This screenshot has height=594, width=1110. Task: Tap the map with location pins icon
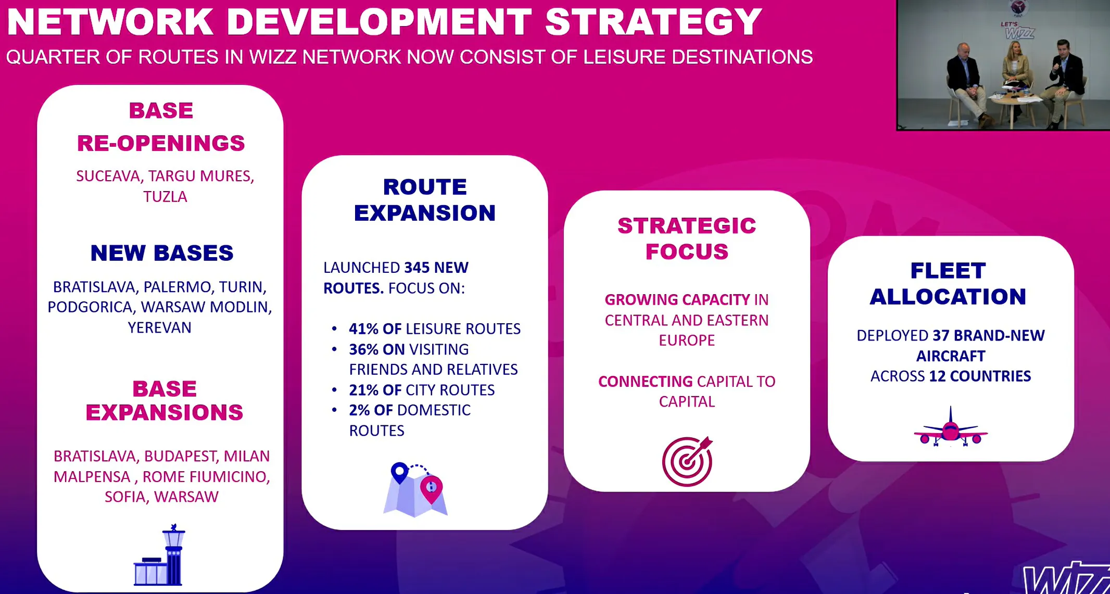[x=415, y=489]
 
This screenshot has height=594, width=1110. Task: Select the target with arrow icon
[x=687, y=461]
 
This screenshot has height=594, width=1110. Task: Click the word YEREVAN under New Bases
[x=160, y=327]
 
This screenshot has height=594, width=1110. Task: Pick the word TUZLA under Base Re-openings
[x=165, y=197]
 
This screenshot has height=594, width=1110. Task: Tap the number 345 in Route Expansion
[x=417, y=268]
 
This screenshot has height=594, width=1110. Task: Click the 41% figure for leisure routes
[x=364, y=329]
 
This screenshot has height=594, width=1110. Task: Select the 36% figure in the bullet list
[x=364, y=349]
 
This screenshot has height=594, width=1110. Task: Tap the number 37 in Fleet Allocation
[x=941, y=336]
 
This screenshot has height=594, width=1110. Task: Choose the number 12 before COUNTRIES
[x=937, y=376]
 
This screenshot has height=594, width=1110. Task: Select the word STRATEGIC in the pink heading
[x=687, y=226]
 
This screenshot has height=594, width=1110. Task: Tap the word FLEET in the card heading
[x=948, y=271]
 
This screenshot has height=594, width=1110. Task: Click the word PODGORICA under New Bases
[x=90, y=307]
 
